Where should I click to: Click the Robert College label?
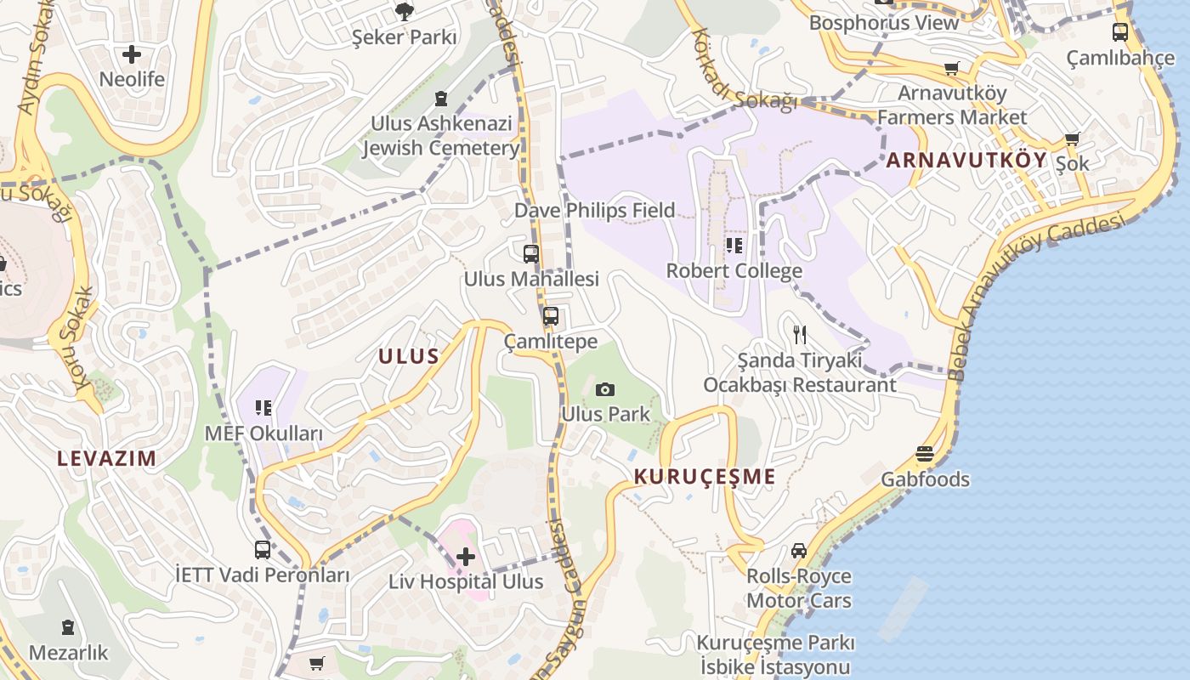pos(734,271)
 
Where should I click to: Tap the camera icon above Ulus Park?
pos(605,389)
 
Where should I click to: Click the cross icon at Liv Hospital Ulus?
pos(466,558)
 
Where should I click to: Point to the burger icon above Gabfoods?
pos(925,455)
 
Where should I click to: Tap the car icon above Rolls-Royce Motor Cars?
pos(799,551)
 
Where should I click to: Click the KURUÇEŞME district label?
pos(705,477)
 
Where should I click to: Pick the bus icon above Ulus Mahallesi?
pos(531,253)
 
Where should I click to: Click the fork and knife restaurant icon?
pos(799,335)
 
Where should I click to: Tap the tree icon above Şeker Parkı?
pos(405,12)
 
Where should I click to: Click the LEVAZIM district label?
pos(107,459)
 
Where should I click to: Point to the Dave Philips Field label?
pos(595,210)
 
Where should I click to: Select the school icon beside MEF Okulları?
pos(263,409)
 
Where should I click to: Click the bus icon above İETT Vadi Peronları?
pos(263,550)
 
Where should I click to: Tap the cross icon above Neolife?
pos(132,54)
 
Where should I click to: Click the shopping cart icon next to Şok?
pos(1072,139)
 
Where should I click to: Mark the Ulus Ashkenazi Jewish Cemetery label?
pos(440,136)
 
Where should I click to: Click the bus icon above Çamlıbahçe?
pos(1120,32)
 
